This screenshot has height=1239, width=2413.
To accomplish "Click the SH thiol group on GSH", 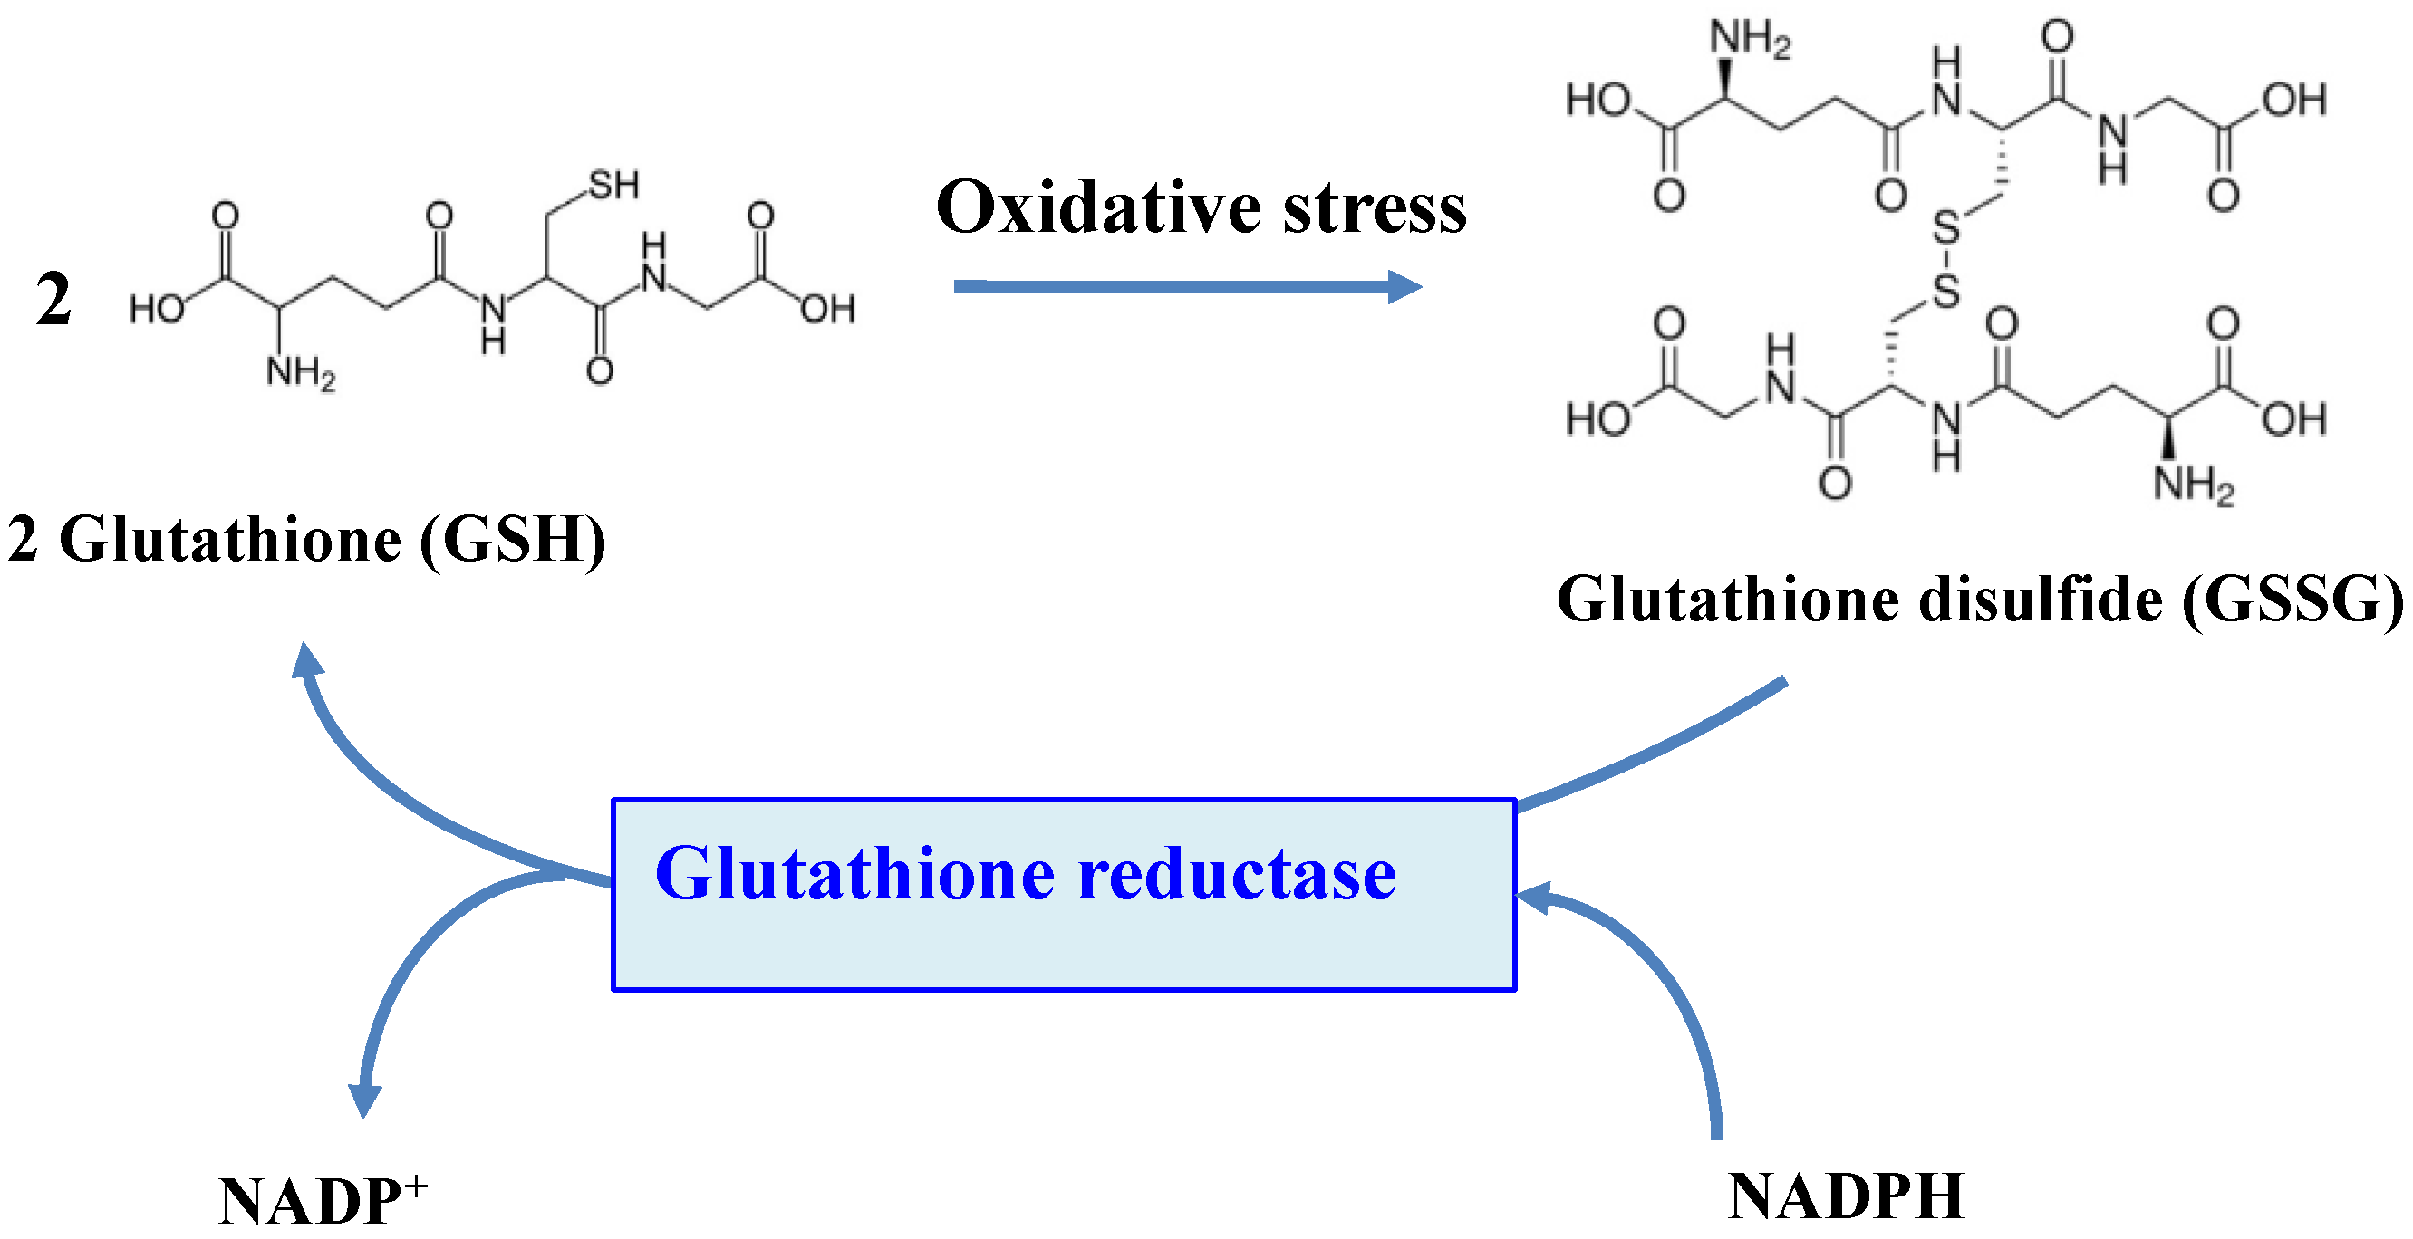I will click(x=613, y=186).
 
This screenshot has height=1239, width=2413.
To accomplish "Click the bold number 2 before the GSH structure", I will click(x=53, y=301).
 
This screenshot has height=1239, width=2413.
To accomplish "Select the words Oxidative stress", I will click(x=1201, y=208).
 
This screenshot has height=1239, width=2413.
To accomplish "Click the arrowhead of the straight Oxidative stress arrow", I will click(x=1405, y=286).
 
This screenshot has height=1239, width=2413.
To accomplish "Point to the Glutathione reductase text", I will click(x=1025, y=874).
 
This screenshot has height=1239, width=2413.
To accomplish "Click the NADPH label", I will click(x=1846, y=1196).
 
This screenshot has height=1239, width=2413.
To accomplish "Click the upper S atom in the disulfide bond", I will click(x=1945, y=227).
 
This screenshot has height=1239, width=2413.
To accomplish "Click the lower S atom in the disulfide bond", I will click(x=1945, y=292).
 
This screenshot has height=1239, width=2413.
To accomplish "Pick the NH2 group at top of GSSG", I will click(x=1749, y=39).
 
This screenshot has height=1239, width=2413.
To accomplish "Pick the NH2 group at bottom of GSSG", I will click(x=2192, y=485).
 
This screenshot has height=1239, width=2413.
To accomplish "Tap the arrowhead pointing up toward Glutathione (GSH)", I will click(x=306, y=661).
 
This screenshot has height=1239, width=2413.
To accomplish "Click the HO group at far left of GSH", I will click(x=157, y=308).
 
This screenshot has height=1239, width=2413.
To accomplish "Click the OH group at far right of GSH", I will click(x=827, y=308).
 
